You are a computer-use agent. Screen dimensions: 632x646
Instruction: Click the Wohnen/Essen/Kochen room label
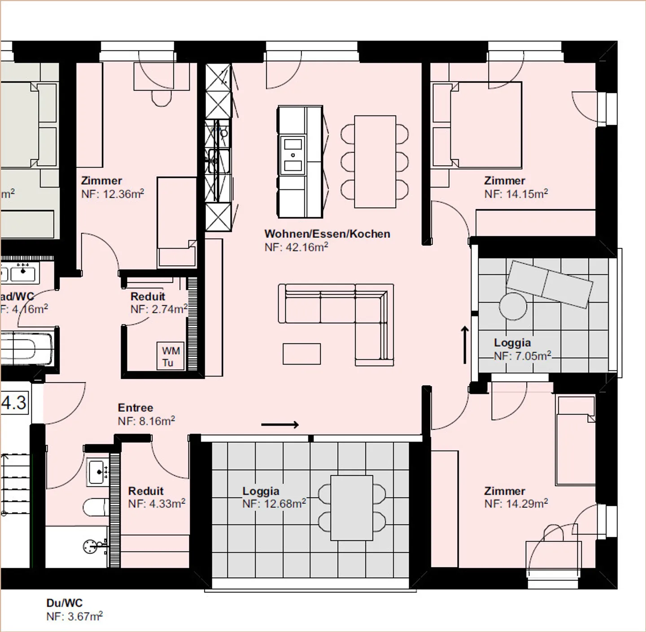(x=327, y=234)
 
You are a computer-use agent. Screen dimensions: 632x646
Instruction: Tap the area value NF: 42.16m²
(x=296, y=247)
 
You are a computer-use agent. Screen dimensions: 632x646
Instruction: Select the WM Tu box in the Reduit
(x=170, y=356)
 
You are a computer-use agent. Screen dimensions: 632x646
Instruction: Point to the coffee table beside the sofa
(x=301, y=353)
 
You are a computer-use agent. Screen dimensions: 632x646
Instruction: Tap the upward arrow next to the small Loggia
(x=465, y=345)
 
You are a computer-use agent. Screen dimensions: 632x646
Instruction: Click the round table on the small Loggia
(x=513, y=306)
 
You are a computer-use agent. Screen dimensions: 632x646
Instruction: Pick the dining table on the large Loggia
(x=352, y=508)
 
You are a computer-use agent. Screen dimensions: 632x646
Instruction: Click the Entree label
(x=135, y=408)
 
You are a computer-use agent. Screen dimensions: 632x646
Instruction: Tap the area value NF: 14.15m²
(x=516, y=193)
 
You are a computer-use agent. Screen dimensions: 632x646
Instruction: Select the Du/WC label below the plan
(x=65, y=603)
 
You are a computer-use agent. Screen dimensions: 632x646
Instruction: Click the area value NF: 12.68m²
(x=274, y=504)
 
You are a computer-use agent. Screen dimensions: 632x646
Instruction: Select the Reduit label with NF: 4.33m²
(x=146, y=491)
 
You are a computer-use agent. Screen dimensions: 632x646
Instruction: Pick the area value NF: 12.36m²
(x=113, y=194)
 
